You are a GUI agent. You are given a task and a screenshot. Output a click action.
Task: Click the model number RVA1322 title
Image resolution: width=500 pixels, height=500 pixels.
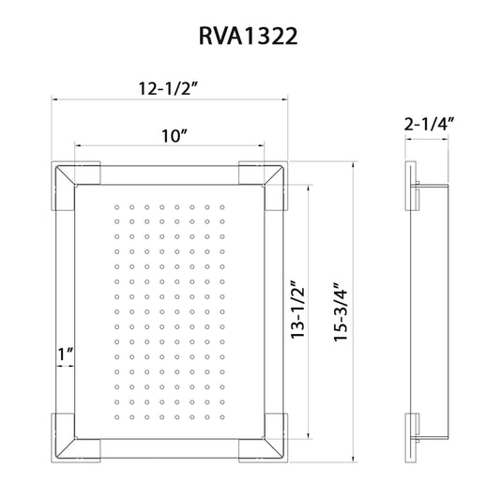tap(250, 36)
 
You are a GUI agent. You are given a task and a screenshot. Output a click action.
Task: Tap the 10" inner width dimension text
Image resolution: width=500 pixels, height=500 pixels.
tap(170, 136)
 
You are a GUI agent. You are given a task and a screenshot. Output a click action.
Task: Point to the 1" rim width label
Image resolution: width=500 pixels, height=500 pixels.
tap(66, 356)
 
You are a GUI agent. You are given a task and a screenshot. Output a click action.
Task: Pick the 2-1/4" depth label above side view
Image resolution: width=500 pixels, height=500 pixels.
tap(430, 124)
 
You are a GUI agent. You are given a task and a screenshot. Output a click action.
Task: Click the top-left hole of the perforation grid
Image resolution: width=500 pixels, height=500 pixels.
tap(116, 205)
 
